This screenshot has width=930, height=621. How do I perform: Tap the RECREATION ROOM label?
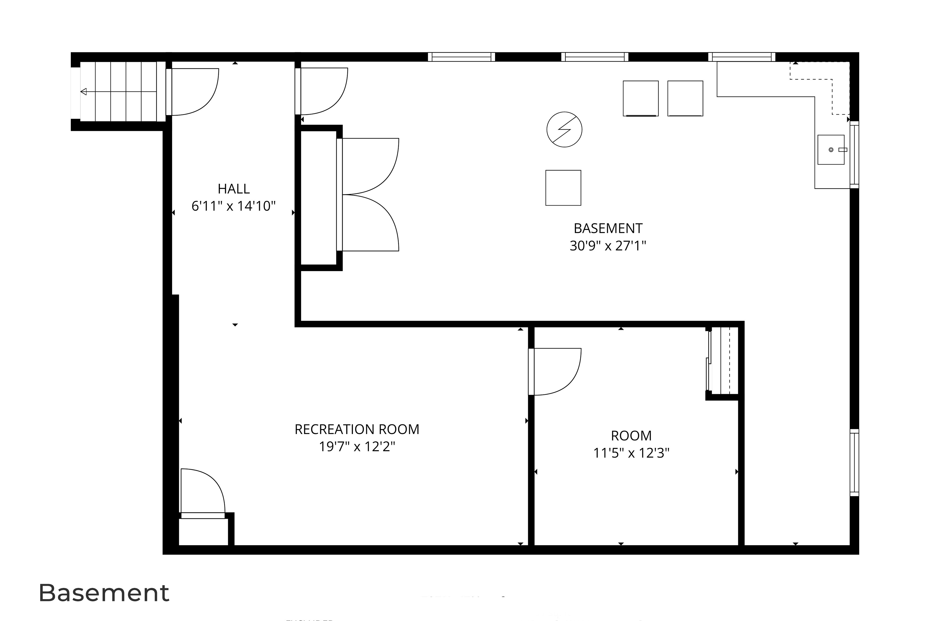click(357, 429)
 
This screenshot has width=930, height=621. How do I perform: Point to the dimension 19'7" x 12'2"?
click(357, 447)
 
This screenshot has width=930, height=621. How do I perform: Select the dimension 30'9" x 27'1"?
click(608, 246)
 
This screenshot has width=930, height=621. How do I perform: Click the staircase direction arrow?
click(84, 92)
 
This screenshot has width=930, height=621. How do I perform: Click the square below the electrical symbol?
click(563, 188)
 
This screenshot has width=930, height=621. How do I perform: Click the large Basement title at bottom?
click(104, 593)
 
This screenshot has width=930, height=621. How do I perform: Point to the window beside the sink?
click(854, 154)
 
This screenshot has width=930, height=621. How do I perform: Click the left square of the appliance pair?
click(640, 98)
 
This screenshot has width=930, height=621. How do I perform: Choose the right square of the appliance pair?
click(685, 98)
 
